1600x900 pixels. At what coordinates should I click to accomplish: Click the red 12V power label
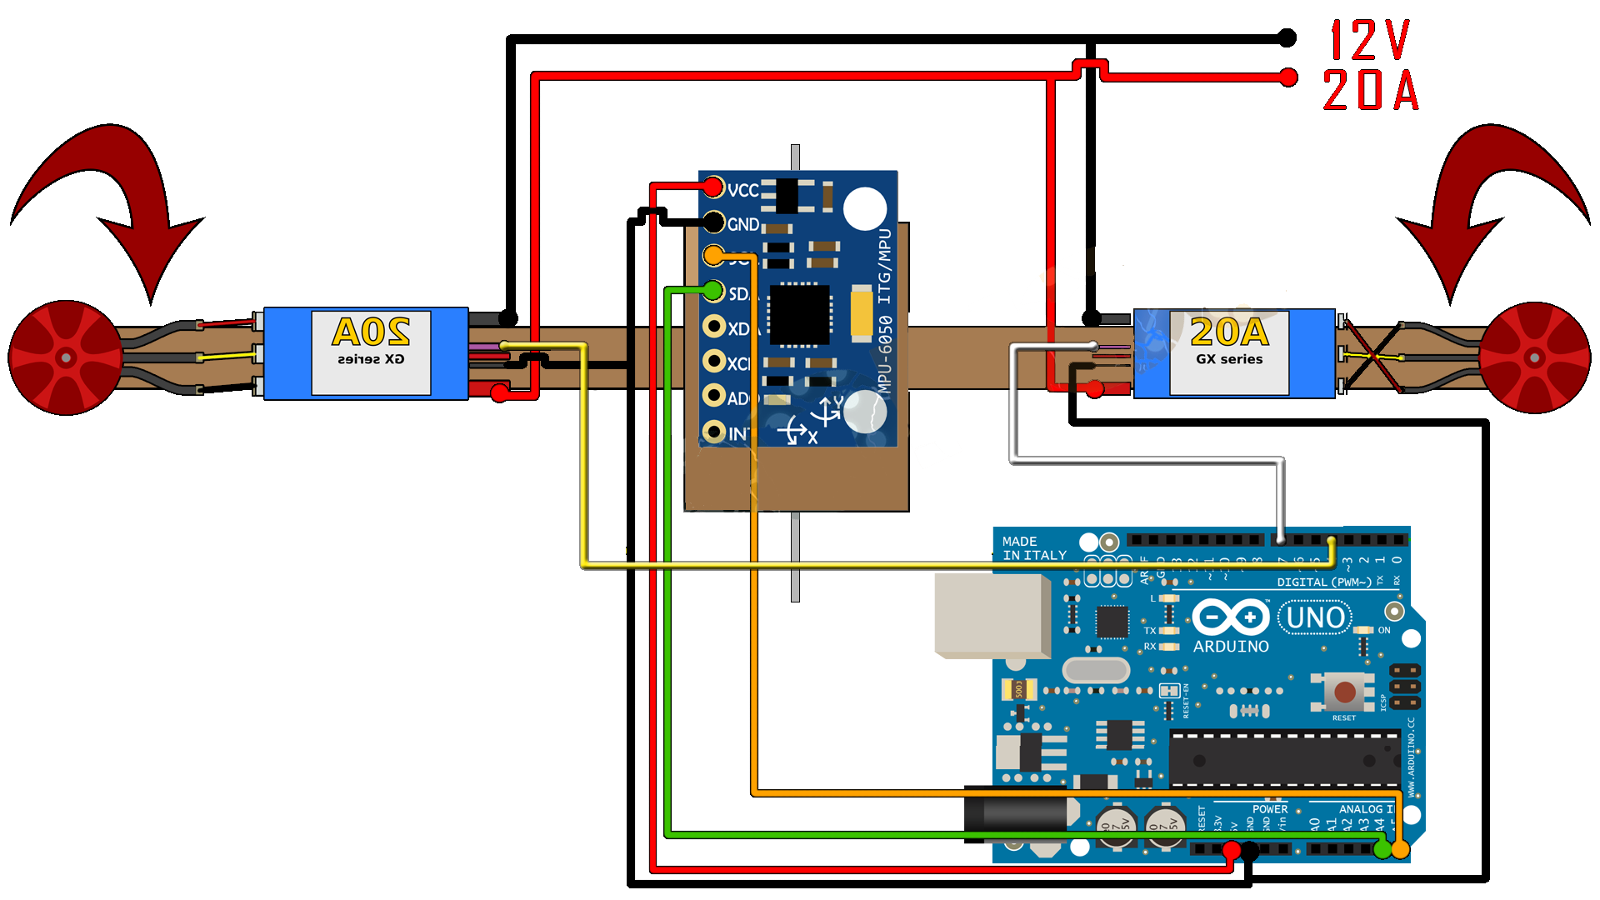pos(1369,41)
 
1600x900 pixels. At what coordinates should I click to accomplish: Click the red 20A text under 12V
pos(1371,90)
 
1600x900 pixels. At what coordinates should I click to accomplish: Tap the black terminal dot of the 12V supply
pos(1287,37)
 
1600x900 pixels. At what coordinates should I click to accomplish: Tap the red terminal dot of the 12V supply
pos(1288,77)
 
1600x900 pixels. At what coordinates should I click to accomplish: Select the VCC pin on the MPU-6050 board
pos(713,187)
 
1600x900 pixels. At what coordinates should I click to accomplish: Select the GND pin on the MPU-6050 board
pos(713,222)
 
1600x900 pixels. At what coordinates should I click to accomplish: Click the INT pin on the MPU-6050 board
pos(713,432)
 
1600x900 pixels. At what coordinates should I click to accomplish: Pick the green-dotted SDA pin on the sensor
pos(713,290)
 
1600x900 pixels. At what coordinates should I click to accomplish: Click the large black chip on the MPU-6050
pos(799,315)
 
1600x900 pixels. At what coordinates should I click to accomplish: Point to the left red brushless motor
pos(65,357)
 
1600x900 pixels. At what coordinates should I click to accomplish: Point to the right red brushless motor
pos(1535,357)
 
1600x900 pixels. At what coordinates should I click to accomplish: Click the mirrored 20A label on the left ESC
pos(371,332)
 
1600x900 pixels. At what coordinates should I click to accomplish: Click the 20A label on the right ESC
pos(1229,332)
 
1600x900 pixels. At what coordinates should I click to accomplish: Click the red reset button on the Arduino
pos(1344,692)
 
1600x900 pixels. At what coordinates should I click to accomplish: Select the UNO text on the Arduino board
pos(1315,618)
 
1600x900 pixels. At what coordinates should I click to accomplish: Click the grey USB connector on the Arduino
pos(992,615)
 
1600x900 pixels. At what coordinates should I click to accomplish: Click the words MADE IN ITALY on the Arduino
pos(1034,548)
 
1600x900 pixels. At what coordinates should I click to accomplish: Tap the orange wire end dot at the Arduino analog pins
pos(1401,849)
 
